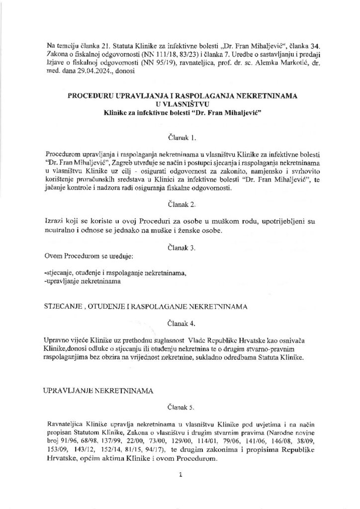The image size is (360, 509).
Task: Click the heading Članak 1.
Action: coord(180,135)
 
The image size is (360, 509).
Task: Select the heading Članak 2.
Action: coord(180,204)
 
